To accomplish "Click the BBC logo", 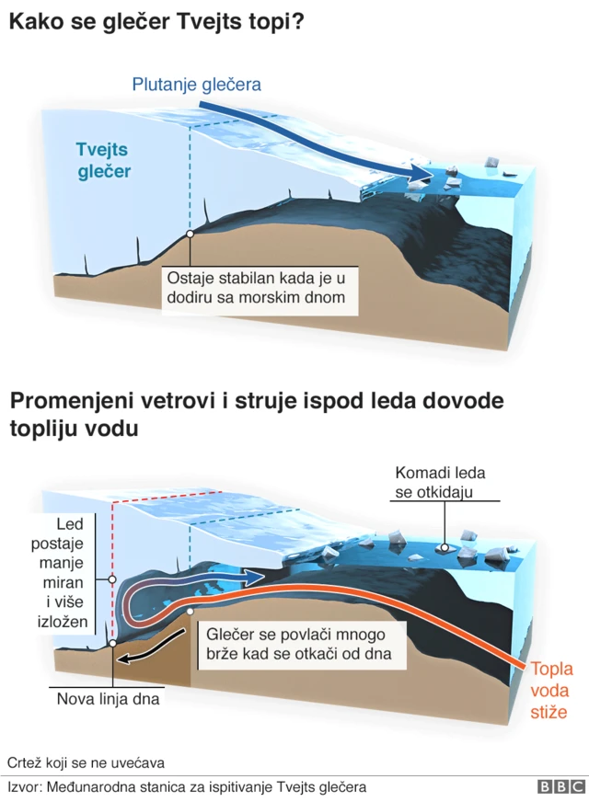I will (560, 786).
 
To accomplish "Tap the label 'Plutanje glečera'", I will (197, 85).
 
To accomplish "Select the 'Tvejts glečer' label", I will (102, 160).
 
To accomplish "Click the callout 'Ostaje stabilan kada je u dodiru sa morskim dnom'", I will (259, 287).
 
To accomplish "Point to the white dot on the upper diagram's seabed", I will (189, 234).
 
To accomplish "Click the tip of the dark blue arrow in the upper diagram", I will (429, 177).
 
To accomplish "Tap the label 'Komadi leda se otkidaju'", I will (440, 482).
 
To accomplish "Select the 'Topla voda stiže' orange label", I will (549, 689).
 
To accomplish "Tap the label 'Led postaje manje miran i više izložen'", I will (71, 573).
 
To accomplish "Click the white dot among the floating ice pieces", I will (445, 547).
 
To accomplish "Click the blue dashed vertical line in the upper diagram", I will (190, 175).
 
